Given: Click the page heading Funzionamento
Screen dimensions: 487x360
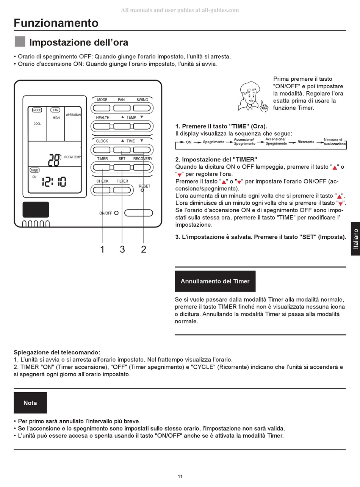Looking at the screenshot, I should click(x=56, y=23).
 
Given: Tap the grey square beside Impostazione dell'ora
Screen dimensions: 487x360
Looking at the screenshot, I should click(x=20, y=42).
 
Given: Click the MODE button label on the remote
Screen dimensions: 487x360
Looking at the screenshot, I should click(x=102, y=100).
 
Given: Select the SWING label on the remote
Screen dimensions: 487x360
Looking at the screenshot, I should click(x=142, y=100).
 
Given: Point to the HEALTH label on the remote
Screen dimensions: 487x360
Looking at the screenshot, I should click(x=103, y=117).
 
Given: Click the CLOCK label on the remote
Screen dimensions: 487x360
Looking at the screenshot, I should click(x=102, y=141).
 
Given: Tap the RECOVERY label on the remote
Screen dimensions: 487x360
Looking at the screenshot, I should click(x=142, y=159).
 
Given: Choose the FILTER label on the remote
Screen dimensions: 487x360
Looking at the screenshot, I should click(x=122, y=181).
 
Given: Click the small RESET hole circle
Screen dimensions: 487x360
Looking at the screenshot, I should click(x=142, y=191).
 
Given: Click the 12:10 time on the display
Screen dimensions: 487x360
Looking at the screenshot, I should click(x=54, y=182).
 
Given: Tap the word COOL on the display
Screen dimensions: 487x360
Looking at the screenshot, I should click(x=37, y=124).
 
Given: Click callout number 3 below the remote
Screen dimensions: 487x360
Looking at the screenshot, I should click(x=122, y=249).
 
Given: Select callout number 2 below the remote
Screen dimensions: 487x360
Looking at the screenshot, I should click(x=143, y=249).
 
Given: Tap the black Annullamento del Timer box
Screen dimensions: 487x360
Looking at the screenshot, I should click(x=215, y=281).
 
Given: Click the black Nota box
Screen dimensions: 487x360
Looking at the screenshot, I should click(x=30, y=403).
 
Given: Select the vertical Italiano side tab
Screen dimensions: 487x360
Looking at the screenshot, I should click(x=355, y=239).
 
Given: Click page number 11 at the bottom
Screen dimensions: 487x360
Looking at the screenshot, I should click(x=180, y=476).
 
